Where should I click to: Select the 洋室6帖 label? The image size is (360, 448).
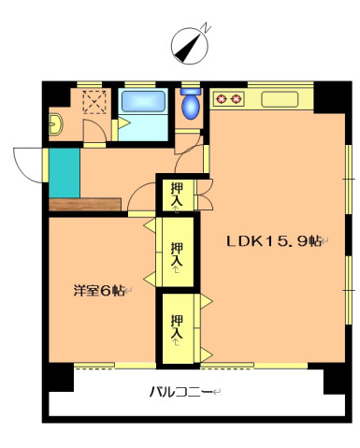click(99, 290)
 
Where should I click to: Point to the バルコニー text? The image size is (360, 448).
click(183, 391)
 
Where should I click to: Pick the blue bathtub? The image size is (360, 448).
click(143, 104)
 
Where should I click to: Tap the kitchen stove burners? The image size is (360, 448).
click(228, 95)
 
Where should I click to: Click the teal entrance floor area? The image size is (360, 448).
click(64, 172)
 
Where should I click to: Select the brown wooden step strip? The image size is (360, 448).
click(85, 203)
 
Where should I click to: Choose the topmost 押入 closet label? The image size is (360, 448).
click(177, 195)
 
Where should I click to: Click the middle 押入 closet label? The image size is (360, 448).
click(177, 254)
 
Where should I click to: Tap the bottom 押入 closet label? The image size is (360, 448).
click(177, 328)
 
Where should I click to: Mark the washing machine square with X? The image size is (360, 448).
click(94, 102)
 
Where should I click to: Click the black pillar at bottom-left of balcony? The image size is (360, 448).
click(59, 376)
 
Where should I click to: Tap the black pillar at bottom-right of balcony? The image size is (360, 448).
click(336, 379)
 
